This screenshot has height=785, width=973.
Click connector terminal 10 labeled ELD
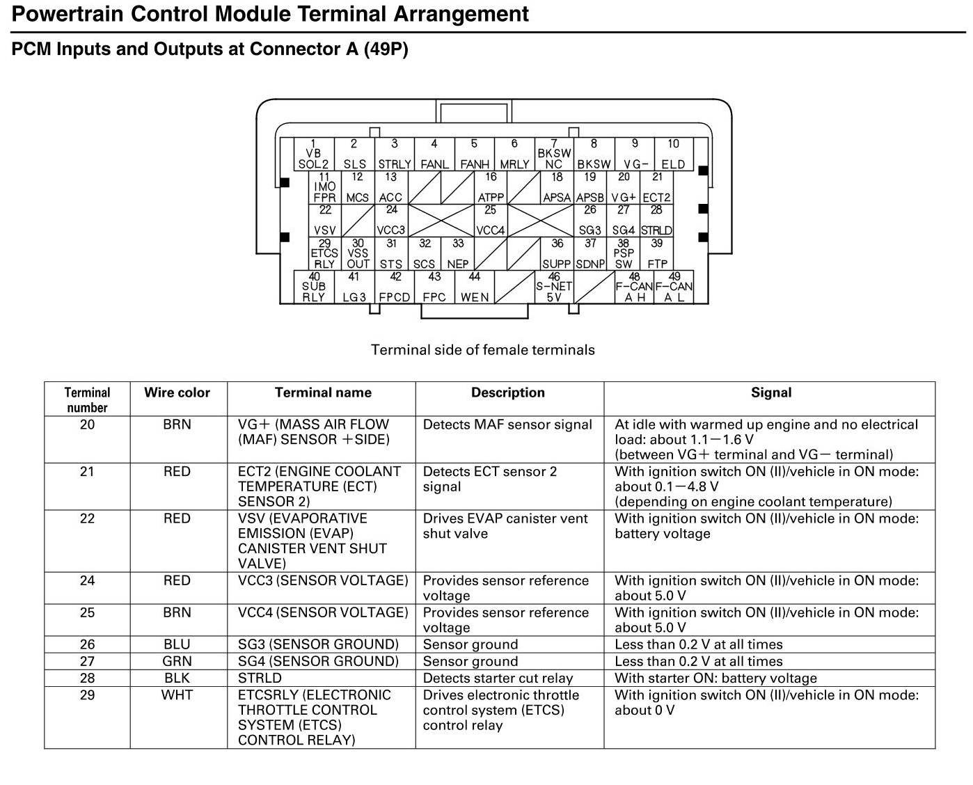coord(673,154)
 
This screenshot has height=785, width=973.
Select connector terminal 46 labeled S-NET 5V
coord(554,287)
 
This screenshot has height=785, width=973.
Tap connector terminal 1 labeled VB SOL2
coord(313,154)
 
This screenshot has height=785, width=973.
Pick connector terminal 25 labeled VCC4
coord(491,221)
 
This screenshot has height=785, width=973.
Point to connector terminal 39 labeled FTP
coord(657,254)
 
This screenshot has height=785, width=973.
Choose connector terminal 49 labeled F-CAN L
coord(674,287)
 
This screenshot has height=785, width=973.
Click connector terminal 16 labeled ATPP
coord(491,188)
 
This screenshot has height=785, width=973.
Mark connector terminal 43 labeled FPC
coord(434,287)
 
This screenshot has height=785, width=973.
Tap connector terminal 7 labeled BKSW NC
coord(554,154)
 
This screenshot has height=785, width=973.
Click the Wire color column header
coord(177,392)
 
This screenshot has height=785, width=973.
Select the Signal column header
coord(770,392)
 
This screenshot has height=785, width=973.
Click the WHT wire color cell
coord(177,695)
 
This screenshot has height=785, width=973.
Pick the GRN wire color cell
coord(177,661)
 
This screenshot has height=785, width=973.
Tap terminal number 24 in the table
coord(87,580)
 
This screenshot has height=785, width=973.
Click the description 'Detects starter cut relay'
coord(498,678)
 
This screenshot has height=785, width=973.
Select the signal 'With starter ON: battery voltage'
coord(715,678)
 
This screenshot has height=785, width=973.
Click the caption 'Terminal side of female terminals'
coord(483,349)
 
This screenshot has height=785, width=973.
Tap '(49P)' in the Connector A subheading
coord(386,49)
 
